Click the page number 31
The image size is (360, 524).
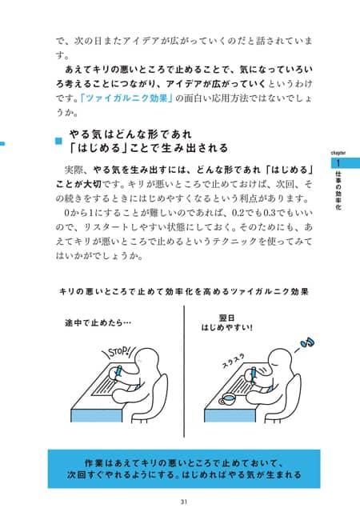[x=183, y=502]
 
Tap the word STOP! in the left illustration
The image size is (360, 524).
[x=119, y=352]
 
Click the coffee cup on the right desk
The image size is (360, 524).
[x=228, y=399]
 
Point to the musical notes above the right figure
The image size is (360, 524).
[x=307, y=342]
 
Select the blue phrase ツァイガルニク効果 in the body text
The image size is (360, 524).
[x=128, y=98]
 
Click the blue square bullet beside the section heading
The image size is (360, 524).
[x=59, y=141]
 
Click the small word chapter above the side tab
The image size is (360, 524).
[x=338, y=153]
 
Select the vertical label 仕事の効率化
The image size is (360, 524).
[x=338, y=190]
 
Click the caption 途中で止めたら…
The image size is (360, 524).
[x=98, y=323]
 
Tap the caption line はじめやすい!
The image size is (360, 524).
[x=226, y=327]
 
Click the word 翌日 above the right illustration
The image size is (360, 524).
[x=226, y=318]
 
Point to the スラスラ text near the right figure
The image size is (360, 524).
[x=234, y=361]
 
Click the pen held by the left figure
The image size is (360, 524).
[x=118, y=373]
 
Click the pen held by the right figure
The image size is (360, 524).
[x=254, y=374]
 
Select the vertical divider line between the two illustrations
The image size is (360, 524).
[x=184, y=371]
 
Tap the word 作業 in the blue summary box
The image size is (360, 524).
[x=93, y=463]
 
